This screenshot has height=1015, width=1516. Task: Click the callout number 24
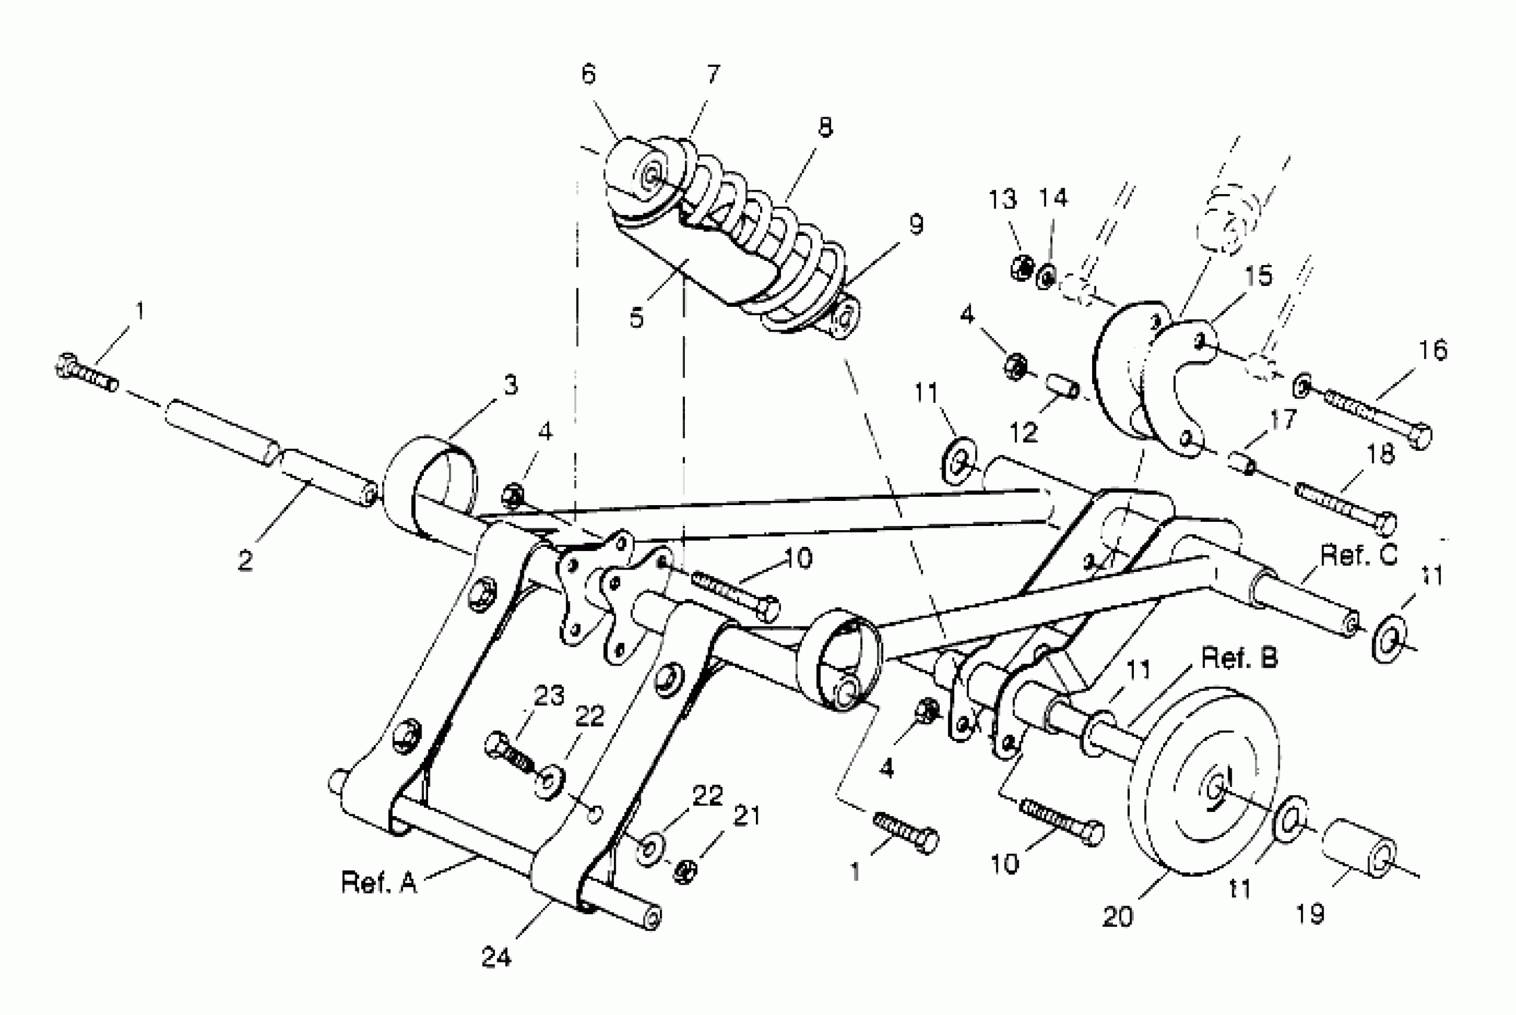pyautogui.click(x=497, y=956)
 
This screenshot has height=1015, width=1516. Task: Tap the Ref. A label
pyautogui.click(x=379, y=882)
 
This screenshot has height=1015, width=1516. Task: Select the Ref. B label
pyautogui.click(x=1239, y=659)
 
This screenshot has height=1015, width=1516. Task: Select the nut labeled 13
pyautogui.click(x=1022, y=267)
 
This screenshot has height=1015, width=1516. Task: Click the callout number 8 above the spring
pyautogui.click(x=825, y=128)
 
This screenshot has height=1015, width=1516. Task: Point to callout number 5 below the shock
pyautogui.click(x=636, y=318)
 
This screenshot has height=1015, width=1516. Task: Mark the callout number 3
pyautogui.click(x=511, y=386)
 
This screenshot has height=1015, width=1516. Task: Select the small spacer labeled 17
pyautogui.click(x=1241, y=463)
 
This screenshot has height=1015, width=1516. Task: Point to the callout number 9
pyautogui.click(x=915, y=224)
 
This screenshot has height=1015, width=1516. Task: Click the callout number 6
pyautogui.click(x=588, y=75)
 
